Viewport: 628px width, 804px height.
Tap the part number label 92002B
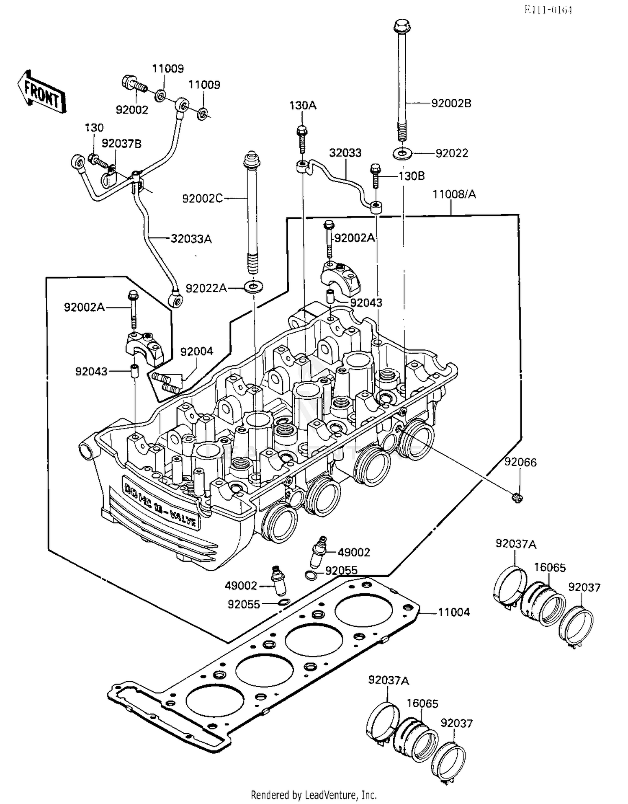pos(451,103)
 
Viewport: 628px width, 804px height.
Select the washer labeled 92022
pos(402,153)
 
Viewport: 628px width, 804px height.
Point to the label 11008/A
pos(454,194)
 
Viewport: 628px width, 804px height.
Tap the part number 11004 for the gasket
pos(454,613)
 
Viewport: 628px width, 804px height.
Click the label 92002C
pos(203,198)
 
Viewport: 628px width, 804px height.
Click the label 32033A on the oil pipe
pos(191,239)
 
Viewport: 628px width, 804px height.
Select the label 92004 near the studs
pos(196,352)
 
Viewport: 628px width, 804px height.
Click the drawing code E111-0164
pos(548,10)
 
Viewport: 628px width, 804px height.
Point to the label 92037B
pos(121,144)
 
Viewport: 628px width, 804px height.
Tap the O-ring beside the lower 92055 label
pos(283,602)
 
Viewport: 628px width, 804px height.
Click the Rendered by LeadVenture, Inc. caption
pos(314,794)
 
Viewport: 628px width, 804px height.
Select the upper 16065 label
pos(550,568)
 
